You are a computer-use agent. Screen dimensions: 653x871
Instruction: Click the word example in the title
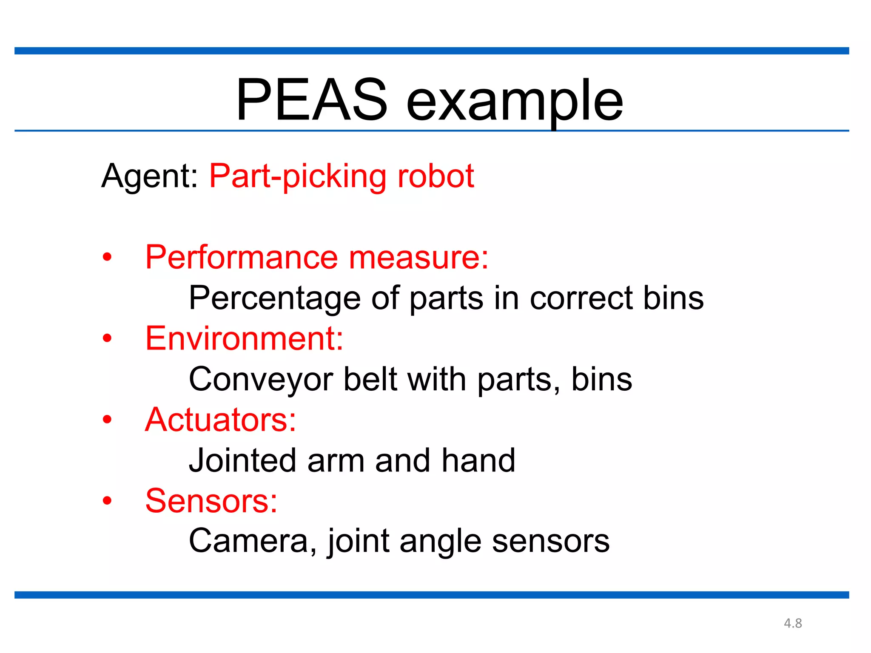(x=515, y=102)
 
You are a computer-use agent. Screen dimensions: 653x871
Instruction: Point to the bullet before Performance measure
(x=107, y=257)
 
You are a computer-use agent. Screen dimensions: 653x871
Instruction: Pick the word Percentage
(x=275, y=298)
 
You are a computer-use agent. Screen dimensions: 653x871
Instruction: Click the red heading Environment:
(x=244, y=338)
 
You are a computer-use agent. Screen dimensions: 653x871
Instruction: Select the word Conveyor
(x=261, y=380)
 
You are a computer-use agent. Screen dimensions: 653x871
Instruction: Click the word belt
(x=370, y=379)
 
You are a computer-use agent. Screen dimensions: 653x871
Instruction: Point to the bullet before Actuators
(x=107, y=420)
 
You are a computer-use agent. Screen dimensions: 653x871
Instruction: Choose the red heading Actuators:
(x=220, y=420)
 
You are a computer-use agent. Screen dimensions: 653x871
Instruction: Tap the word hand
(x=478, y=460)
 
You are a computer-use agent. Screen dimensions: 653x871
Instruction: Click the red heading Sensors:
(x=211, y=501)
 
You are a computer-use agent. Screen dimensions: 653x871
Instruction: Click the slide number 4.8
(x=793, y=623)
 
